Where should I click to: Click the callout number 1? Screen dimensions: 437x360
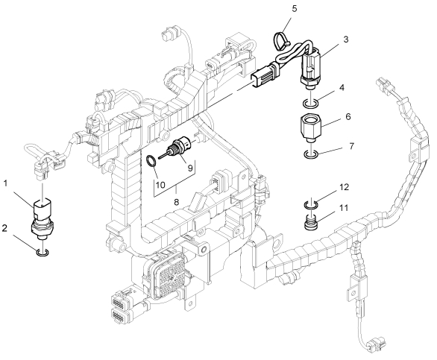coord(5,183)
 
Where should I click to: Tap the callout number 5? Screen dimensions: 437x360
coord(295,9)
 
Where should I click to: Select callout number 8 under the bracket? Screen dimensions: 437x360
coord(176,202)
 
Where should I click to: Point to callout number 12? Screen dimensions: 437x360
coord(345,187)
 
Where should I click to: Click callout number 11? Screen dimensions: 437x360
coord(344,208)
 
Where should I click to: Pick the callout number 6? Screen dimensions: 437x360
coord(348,116)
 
